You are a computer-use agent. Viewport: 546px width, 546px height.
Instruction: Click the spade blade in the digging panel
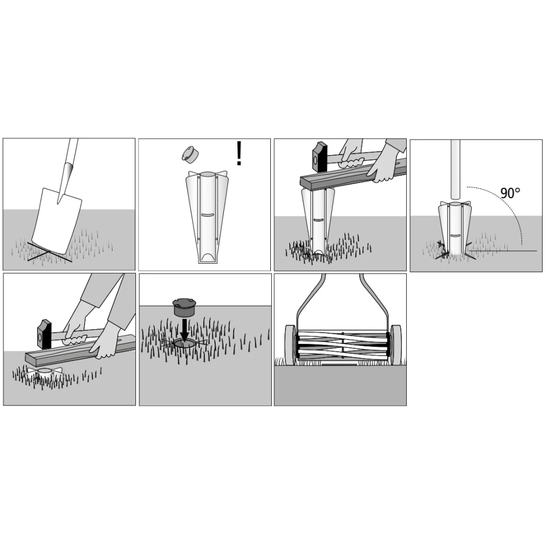[x=57, y=220]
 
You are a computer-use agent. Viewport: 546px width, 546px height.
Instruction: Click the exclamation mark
[x=239, y=153]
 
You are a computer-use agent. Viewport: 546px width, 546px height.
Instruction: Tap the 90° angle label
[x=510, y=193]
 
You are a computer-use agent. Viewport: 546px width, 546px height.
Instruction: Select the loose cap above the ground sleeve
[x=189, y=155]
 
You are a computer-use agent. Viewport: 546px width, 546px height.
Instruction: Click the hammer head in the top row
[x=320, y=157]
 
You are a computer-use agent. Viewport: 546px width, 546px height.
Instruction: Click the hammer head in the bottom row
[x=44, y=334]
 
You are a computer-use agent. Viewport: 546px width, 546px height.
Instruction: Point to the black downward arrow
[x=184, y=330]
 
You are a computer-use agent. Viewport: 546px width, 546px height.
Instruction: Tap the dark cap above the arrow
[x=183, y=307]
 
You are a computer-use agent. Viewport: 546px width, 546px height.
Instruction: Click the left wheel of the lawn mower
[x=290, y=345]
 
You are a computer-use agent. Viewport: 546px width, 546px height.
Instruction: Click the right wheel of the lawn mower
[x=395, y=345]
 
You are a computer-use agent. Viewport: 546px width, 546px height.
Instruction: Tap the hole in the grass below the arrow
[x=185, y=344]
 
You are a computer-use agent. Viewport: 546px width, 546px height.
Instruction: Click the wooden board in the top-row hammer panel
[x=353, y=175]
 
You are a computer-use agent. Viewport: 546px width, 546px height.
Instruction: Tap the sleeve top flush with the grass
[x=44, y=372]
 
